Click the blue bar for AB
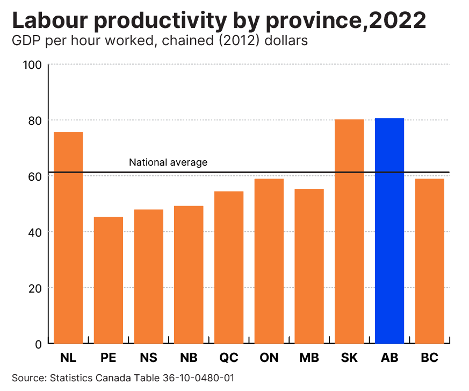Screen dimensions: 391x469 [389, 231]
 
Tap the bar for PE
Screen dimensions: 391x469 [109, 280]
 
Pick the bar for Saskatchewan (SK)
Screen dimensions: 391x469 [349, 232]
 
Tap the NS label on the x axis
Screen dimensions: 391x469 [148, 358]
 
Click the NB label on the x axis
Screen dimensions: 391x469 [189, 358]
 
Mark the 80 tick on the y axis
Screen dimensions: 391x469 [35, 120]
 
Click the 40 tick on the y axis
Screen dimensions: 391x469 [35, 232]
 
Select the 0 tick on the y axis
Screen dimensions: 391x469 [38, 344]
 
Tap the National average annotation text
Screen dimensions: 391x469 [168, 162]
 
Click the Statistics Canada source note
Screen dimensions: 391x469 [123, 378]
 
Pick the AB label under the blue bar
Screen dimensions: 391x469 [389, 358]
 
